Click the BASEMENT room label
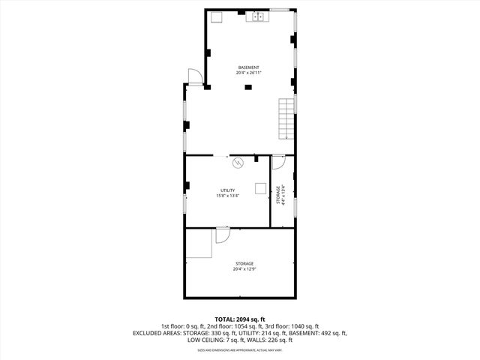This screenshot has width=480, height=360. click(x=249, y=67)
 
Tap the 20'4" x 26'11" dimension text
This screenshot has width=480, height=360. click(x=249, y=73)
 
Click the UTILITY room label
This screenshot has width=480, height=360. click(x=228, y=190)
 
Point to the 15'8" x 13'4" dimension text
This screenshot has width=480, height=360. click(x=228, y=196)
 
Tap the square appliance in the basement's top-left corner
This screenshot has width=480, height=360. click(x=215, y=17)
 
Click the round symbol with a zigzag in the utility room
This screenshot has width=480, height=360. click(x=238, y=163)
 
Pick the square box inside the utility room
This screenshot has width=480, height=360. click(x=260, y=189)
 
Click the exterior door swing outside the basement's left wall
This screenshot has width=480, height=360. click(x=193, y=76)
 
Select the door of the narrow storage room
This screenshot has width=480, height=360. click(x=277, y=161)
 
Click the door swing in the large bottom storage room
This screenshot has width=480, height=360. click(x=222, y=236)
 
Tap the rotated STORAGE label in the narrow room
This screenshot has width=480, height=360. click(x=277, y=195)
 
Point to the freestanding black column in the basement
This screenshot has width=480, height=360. click(x=248, y=86)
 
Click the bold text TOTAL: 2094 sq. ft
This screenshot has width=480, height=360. click(x=240, y=319)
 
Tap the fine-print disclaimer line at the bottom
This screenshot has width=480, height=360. click(x=240, y=350)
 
